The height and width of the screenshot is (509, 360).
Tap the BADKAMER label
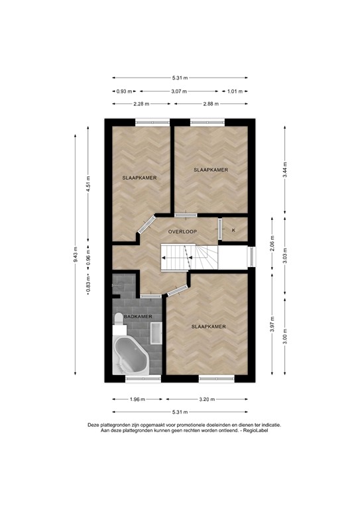(x=139, y=317)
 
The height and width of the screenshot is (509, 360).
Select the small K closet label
(x=233, y=230)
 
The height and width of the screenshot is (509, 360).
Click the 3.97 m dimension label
(x=272, y=325)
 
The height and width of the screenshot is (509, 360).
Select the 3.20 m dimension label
(x=207, y=400)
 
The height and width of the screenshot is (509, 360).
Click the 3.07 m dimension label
(x=180, y=91)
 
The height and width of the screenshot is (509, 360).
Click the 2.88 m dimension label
(x=211, y=103)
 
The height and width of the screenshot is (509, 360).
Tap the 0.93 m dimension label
(x=125, y=91)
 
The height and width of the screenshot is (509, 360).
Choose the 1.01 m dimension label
(x=236, y=91)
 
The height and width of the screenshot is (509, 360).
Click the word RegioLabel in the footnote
(x=261, y=430)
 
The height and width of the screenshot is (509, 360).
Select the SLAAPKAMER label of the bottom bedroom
(x=209, y=327)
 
